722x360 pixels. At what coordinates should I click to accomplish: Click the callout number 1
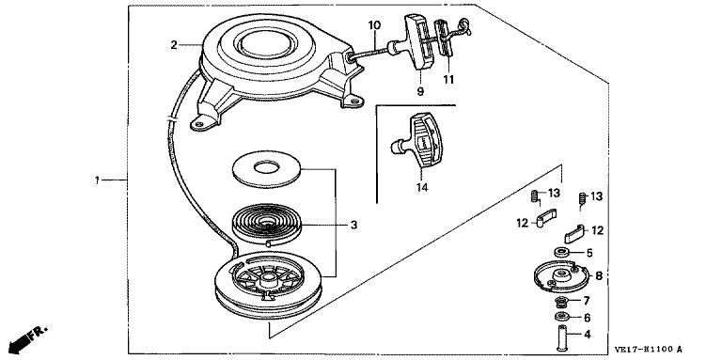click(97, 180)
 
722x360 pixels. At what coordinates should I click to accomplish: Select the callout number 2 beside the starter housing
click(174, 45)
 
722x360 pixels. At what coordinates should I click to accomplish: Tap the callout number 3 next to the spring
click(353, 225)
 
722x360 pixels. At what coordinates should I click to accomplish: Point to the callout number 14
click(422, 188)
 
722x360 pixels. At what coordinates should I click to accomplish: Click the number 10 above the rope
click(374, 24)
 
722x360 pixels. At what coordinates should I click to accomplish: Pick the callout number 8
click(599, 276)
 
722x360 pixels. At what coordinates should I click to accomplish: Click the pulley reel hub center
click(268, 277)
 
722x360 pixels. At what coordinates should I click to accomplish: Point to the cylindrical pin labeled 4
click(561, 337)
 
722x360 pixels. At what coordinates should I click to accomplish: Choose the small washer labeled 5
click(560, 252)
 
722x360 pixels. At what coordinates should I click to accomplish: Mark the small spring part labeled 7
click(561, 302)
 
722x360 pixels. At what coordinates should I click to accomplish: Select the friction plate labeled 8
click(560, 275)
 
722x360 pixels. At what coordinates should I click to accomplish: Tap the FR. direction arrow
click(27, 340)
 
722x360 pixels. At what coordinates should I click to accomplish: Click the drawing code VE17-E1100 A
click(648, 350)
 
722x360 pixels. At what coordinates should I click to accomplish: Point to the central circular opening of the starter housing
click(264, 45)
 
